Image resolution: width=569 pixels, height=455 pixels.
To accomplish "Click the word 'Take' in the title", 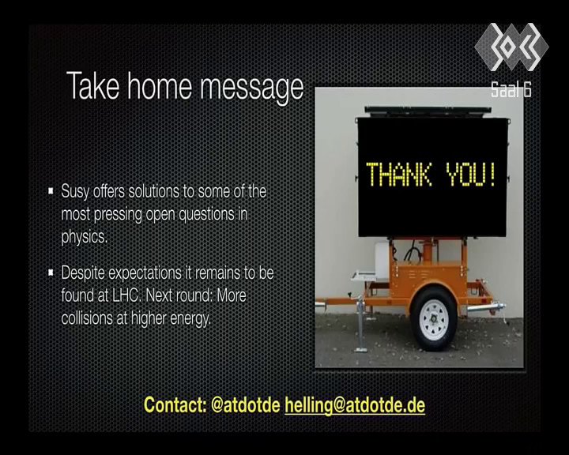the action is click(x=93, y=86).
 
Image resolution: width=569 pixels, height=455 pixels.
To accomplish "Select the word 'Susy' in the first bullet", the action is click(x=75, y=192).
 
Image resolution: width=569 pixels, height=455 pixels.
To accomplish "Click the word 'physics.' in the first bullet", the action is click(x=85, y=237).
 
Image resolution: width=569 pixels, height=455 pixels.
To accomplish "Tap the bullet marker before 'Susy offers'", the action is click(x=51, y=190).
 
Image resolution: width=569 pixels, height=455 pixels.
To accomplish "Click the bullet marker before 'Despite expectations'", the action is click(x=51, y=272).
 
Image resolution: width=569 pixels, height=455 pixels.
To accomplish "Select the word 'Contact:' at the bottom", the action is click(x=175, y=404).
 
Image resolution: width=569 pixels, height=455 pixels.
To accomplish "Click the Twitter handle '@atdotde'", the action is click(x=246, y=404).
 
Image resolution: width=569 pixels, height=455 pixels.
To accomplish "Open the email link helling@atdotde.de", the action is click(x=355, y=405).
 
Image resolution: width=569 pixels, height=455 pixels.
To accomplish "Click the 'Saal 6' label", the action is click(x=511, y=89).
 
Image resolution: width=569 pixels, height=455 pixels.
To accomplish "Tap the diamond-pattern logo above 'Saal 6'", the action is click(x=511, y=47).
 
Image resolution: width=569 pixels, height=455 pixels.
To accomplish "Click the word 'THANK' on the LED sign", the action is click(x=399, y=175).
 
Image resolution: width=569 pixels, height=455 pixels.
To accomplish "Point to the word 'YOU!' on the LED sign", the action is click(x=471, y=175).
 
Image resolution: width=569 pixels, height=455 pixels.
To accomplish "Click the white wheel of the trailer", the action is click(x=433, y=319).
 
